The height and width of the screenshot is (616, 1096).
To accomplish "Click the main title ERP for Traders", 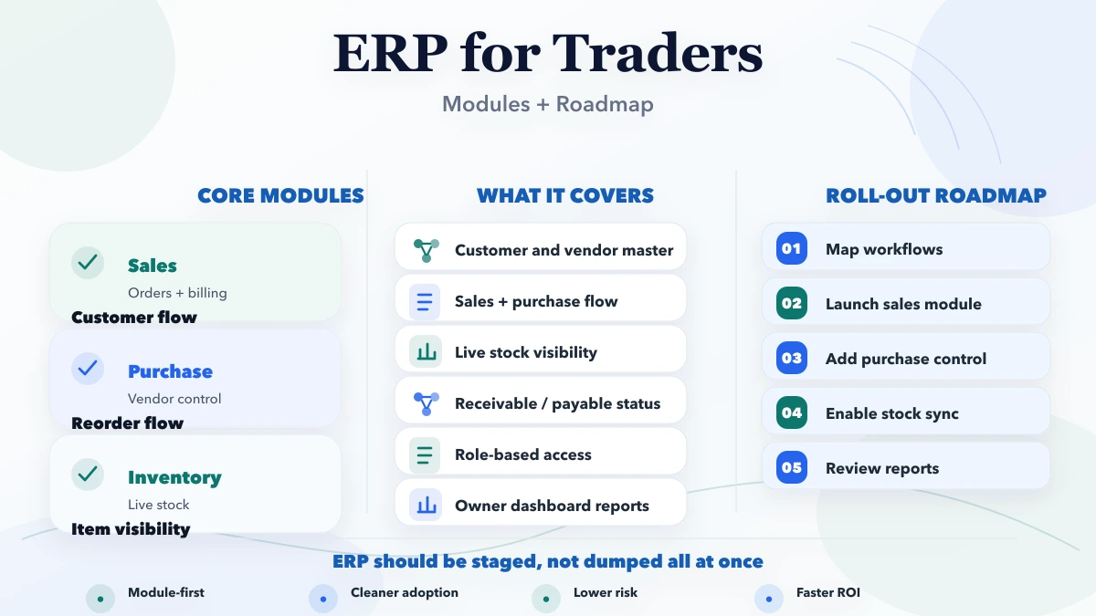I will (x=548, y=53).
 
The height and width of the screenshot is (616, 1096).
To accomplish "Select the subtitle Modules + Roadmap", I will (x=548, y=104).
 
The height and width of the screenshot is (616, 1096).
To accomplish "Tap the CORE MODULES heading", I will (x=280, y=196).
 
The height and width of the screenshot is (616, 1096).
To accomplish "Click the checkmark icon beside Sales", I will (x=88, y=263).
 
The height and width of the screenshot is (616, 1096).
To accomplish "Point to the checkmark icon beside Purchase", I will (x=88, y=369).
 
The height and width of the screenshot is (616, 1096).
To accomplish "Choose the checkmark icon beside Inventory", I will (x=88, y=475).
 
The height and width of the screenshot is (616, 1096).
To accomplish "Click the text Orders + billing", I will (x=177, y=293).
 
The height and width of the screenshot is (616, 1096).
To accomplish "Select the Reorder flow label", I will (x=127, y=423).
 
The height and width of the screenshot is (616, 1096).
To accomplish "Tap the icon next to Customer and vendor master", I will (x=426, y=250).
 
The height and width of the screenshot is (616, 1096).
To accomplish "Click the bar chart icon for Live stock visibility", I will (x=426, y=352).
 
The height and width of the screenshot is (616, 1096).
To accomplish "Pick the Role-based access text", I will (x=522, y=454).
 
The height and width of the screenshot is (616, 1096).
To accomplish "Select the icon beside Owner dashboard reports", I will (x=426, y=506).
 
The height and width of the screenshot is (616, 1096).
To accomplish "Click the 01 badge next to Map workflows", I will (x=792, y=249).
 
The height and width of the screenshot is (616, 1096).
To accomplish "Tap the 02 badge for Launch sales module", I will (x=792, y=304).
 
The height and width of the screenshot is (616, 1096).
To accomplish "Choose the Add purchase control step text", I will (x=905, y=359).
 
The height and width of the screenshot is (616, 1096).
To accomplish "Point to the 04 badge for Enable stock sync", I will (x=792, y=413).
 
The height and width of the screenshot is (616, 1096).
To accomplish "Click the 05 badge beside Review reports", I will (x=792, y=468).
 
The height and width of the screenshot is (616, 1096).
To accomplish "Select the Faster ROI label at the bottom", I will (x=827, y=593).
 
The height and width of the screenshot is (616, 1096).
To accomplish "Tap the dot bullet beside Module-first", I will (x=100, y=600).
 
